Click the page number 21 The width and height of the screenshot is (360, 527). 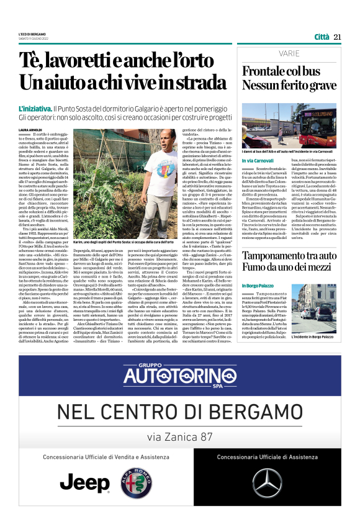[338, 37]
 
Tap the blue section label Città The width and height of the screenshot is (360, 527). [322, 37]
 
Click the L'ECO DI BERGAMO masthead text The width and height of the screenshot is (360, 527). [30, 34]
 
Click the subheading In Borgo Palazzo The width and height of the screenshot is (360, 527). [258, 285]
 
